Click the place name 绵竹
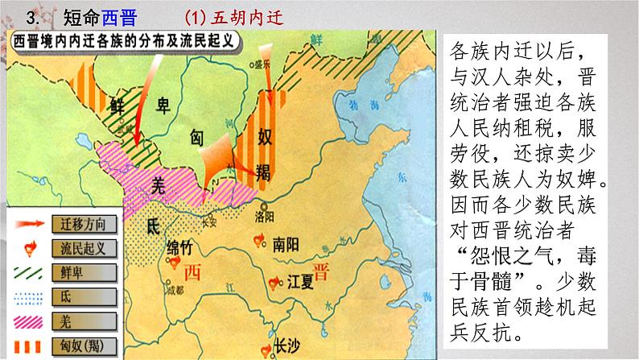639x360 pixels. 181,247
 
